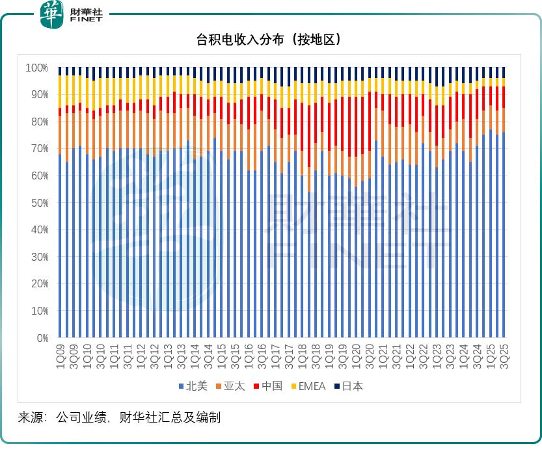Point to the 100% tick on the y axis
(x=37, y=68)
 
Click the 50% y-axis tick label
(x=39, y=203)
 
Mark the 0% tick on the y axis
(x=42, y=338)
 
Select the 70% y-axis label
(x=39, y=149)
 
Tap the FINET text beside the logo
(x=86, y=20)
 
